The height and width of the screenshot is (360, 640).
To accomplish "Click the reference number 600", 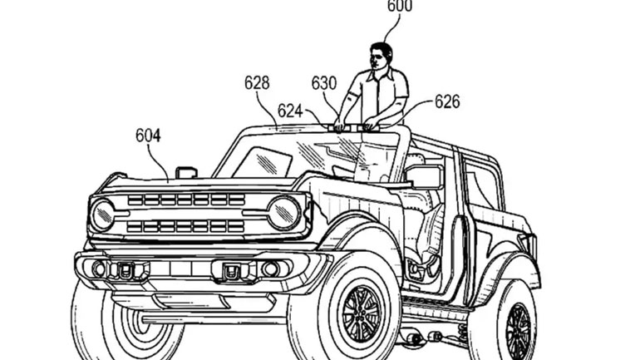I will coord(399,7).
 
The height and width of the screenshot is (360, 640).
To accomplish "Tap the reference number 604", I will coord(148,135).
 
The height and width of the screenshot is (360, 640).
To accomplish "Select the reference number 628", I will coord(257,83).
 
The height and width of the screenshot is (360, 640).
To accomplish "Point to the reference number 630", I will coord(324,83).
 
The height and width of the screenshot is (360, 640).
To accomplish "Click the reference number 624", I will coord(290,111).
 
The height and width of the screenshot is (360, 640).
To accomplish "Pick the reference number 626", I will coord(446,102).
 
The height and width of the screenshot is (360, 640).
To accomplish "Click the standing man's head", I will coord(381,57).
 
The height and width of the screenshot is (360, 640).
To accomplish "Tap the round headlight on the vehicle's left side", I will coord(102,215).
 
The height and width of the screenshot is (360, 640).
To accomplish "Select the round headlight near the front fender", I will coord(283,213).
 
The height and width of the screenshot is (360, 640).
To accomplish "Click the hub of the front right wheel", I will coord(360,315).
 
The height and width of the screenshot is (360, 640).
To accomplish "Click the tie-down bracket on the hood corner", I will coord(186,172).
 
